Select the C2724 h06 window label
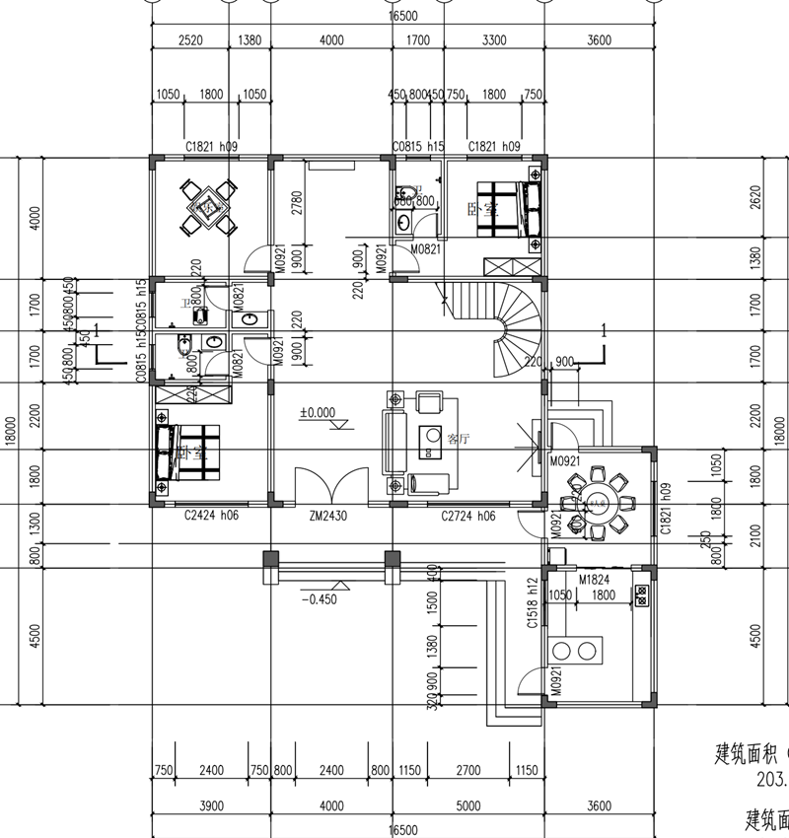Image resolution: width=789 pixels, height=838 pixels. coord(467,516)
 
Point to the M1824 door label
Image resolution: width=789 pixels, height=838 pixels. coord(598,579)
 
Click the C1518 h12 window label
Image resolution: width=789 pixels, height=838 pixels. coord(532,602)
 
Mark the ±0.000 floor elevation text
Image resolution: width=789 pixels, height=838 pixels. coord(318,413)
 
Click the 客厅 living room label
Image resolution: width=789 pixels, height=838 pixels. coord(459,438)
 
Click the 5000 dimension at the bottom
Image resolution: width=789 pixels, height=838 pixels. coord(469,805)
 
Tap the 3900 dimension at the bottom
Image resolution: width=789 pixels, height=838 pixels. coord(211,805)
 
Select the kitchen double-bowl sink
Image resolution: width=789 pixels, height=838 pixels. coord(576,650)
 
